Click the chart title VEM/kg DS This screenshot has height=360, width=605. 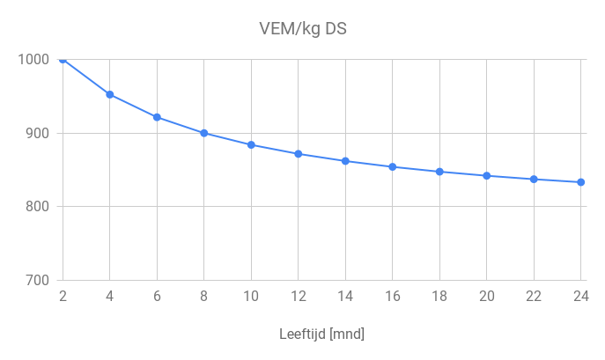click(302, 28)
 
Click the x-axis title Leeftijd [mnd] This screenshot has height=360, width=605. click(321, 334)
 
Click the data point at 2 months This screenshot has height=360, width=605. click(63, 60)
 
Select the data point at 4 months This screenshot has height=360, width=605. click(110, 94)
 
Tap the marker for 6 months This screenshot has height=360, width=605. click(157, 117)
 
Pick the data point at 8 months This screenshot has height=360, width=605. click(204, 133)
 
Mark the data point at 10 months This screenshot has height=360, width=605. click(251, 144)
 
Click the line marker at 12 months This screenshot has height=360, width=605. click(299, 154)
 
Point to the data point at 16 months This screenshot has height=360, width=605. click(393, 166)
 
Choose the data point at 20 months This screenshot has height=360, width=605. click(487, 176)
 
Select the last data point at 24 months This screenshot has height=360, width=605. click(581, 182)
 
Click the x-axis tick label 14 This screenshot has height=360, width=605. click(345, 297)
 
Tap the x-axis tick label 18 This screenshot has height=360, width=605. click(439, 297)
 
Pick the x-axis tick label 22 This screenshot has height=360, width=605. click(534, 297)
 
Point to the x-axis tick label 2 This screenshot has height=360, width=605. click(63, 297)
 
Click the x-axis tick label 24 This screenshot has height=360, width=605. click(580, 297)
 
